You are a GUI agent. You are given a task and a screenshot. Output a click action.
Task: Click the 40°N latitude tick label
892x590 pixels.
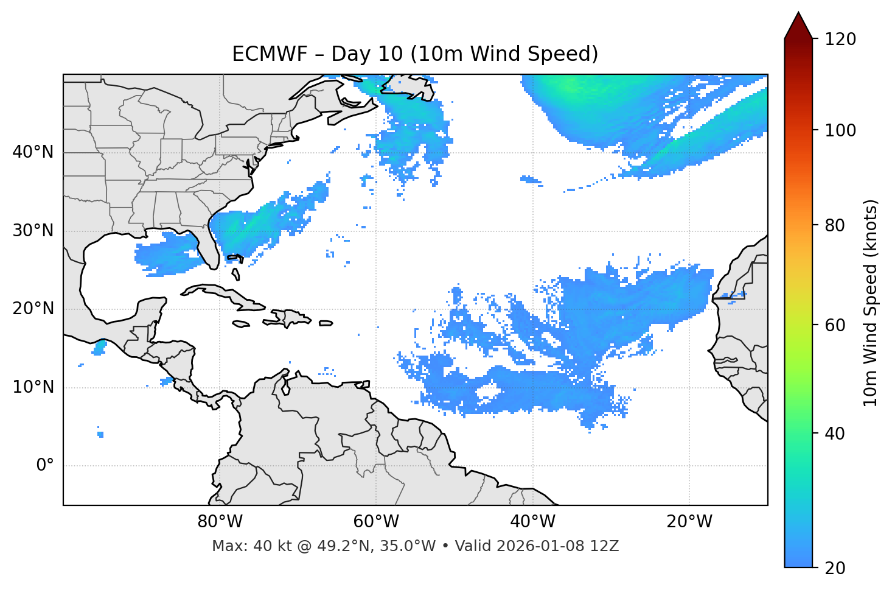(33, 152)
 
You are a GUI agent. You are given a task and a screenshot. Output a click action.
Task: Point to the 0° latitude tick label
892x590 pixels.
(45, 466)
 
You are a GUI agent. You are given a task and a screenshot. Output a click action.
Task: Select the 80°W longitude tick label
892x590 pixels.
(220, 522)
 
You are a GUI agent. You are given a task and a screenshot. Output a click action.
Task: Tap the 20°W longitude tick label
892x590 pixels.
(689, 522)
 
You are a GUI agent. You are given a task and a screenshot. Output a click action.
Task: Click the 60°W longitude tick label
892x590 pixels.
(376, 522)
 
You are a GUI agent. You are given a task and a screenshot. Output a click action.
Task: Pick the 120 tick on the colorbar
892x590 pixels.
(840, 40)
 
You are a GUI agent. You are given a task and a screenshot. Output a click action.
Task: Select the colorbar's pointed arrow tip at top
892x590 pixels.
(798, 13)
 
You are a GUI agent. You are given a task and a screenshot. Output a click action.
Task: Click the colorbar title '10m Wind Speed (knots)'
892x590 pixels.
(871, 303)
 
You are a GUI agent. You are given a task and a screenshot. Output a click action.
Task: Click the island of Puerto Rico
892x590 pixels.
(326, 323)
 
